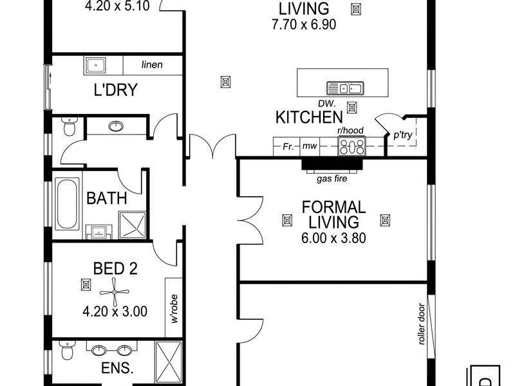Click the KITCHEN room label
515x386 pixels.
pos(308,117)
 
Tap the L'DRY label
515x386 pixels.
pos(116,90)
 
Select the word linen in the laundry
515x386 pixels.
pos(152,64)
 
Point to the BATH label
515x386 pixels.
pos(107,198)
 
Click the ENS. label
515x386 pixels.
pos(118,369)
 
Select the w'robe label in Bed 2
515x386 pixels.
pos(174,309)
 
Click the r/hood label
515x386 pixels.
pos(351,131)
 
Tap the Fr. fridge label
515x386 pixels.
pos(288,147)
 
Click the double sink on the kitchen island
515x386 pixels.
pos(346,88)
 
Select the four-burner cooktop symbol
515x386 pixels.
pos(351,147)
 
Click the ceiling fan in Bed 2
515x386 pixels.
pos(115,293)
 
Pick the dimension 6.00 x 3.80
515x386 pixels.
pos(333,237)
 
